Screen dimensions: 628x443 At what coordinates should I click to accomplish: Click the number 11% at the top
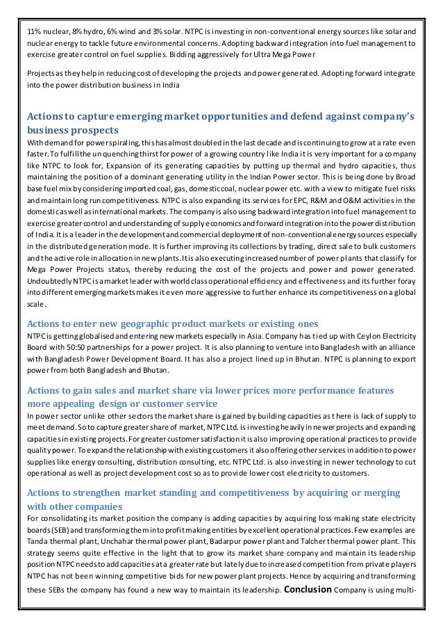coord(33,32)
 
